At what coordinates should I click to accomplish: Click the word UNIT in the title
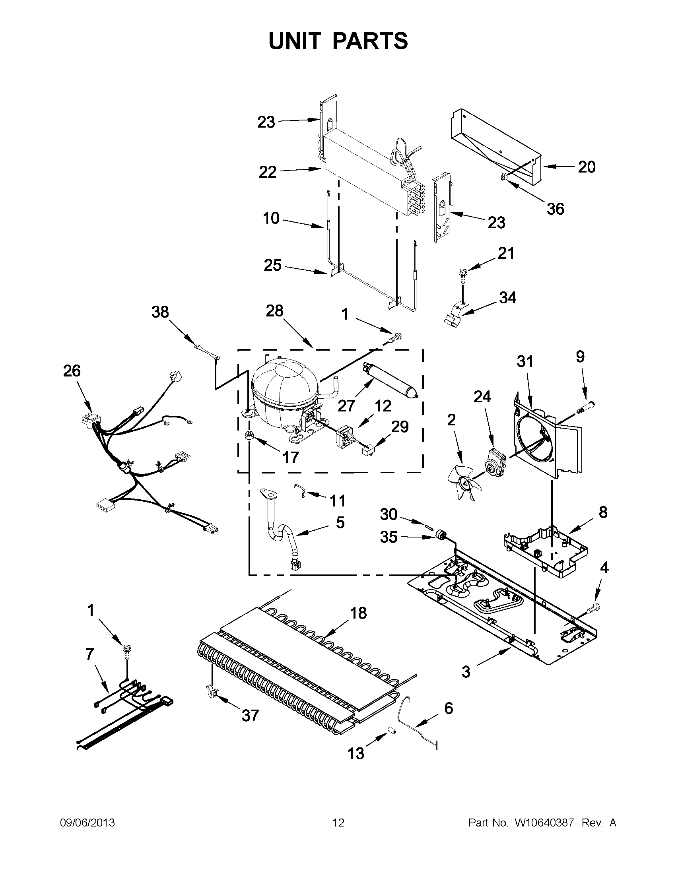[295, 41]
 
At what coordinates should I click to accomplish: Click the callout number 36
[555, 209]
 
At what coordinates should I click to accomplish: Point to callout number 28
[274, 310]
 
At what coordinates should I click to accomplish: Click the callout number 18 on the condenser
[358, 613]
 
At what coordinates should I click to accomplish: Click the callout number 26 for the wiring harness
[72, 371]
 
